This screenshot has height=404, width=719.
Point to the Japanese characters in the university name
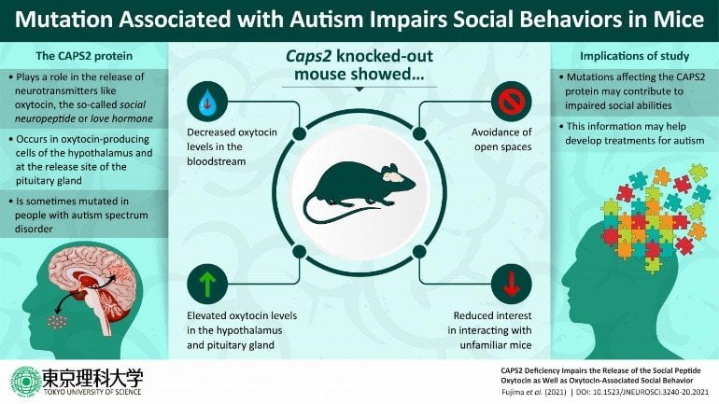click(x=92, y=377)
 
